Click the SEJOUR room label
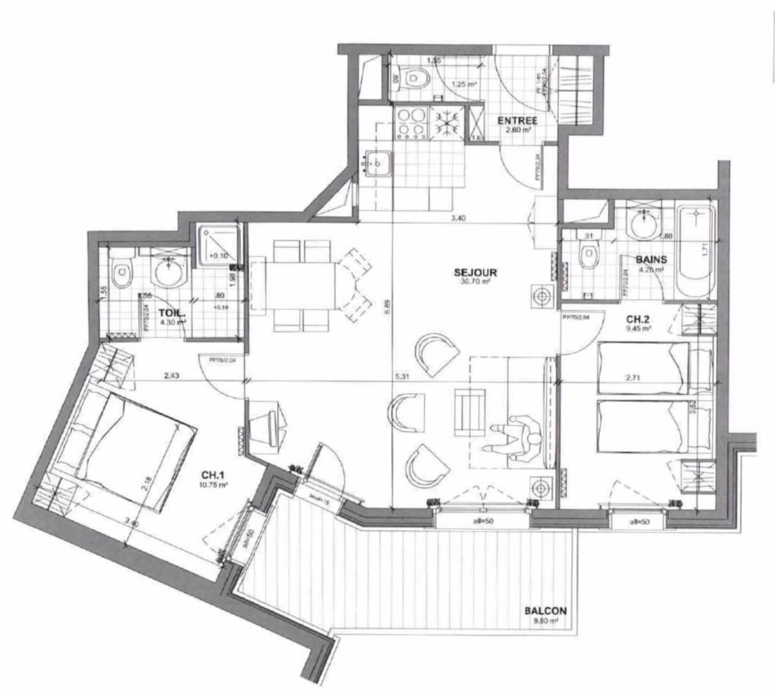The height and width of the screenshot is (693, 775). pyautogui.click(x=475, y=272)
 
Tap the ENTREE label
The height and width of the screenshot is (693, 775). pyautogui.click(x=517, y=121)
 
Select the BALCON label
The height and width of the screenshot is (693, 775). pyautogui.click(x=545, y=612)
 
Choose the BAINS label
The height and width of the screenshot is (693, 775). pyautogui.click(x=651, y=260)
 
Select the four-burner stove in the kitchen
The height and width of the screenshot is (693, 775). pyautogui.click(x=411, y=123)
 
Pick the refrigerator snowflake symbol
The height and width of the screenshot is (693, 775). pyautogui.click(x=444, y=122)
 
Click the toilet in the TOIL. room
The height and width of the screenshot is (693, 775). pyautogui.click(x=121, y=274)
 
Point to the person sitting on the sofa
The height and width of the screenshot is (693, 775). pyautogui.click(x=520, y=440)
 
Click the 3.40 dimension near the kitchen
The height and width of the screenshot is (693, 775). pyautogui.click(x=457, y=219)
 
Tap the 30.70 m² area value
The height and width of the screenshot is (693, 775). pyautogui.click(x=475, y=281)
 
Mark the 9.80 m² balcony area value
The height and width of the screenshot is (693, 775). pyautogui.click(x=545, y=621)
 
